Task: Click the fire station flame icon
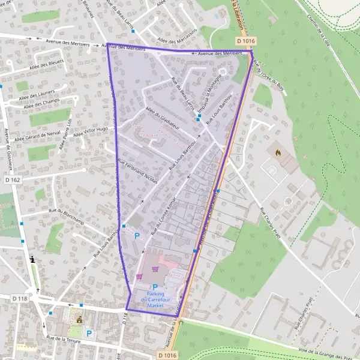[x=278, y=153]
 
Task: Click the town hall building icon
[x=77, y=319]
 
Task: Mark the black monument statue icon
[x=32, y=259]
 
